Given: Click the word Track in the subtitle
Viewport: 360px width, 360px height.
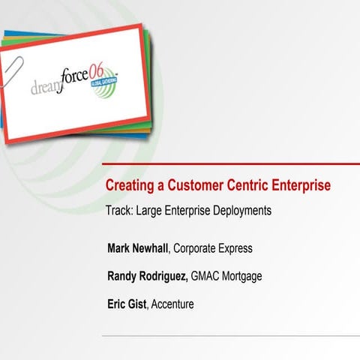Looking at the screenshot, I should (118, 211).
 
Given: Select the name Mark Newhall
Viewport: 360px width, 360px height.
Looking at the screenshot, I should (139, 247).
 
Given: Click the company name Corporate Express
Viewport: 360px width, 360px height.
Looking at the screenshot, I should (213, 247).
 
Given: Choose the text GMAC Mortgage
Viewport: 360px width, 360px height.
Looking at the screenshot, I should (226, 275).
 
